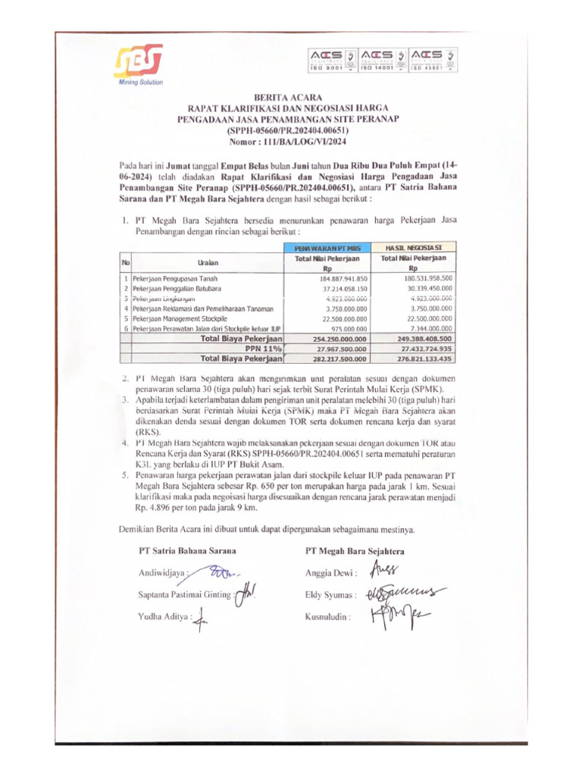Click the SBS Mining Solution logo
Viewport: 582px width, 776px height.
tap(139, 64)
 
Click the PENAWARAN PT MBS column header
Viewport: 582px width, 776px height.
tap(326, 248)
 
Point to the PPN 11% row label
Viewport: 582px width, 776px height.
tap(261, 349)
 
